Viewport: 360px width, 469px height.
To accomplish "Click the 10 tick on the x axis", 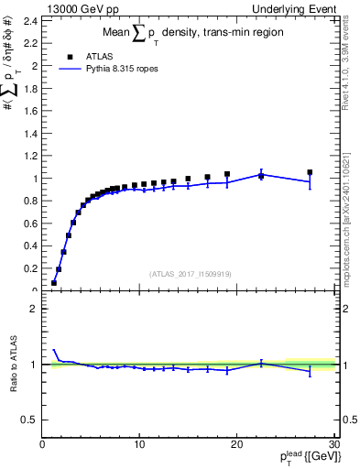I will (139, 444).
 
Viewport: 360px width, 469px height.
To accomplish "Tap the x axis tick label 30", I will (334, 444).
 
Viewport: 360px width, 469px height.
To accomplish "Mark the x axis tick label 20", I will (237, 444).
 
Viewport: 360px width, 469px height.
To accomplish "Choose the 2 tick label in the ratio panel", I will (35, 309).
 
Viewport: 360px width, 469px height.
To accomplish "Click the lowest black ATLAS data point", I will (54, 283).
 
